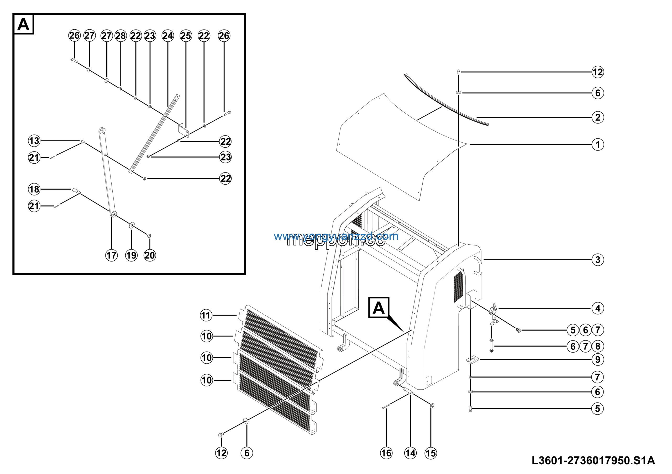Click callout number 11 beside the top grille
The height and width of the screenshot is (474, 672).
(206, 315)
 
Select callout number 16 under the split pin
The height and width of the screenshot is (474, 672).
(386, 453)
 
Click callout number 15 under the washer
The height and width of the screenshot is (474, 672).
(430, 453)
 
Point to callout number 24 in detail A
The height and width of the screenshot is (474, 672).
(168, 36)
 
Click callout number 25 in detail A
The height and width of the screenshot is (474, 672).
(186, 36)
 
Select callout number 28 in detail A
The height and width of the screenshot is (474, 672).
(120, 36)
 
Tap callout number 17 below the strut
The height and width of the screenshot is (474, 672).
(111, 255)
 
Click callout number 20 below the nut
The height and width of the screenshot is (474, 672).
(150, 255)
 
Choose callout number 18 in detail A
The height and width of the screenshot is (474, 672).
(34, 189)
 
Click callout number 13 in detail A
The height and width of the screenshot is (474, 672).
(34, 141)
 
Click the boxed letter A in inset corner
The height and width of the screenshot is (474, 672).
(24, 24)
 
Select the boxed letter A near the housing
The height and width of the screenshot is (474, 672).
(379, 308)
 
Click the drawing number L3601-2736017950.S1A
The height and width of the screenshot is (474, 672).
(593, 461)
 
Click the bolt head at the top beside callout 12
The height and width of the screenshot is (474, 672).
(458, 71)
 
